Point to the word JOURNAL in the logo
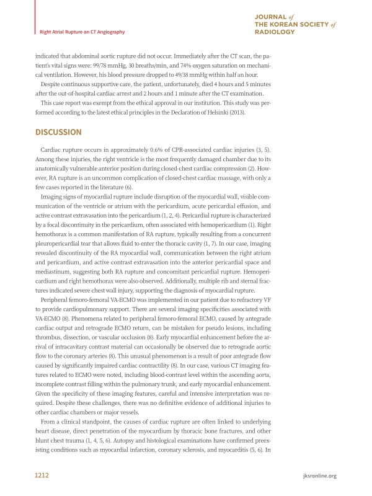(271, 14)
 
